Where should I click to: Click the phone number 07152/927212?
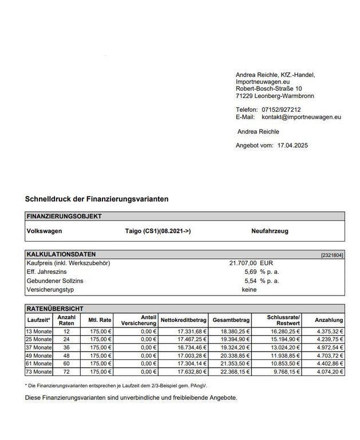pyautogui.click(x=281, y=109)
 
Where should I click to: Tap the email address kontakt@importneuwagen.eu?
pyautogui.click(x=301, y=117)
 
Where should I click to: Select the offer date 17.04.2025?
pyautogui.click(x=292, y=146)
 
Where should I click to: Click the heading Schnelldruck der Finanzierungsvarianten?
pyautogui.click(x=97, y=199)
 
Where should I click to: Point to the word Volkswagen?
pyautogui.click(x=45, y=231)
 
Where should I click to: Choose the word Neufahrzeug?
pyautogui.click(x=270, y=231)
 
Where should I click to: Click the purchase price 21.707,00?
pyautogui.click(x=243, y=262)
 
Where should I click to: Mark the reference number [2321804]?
pyautogui.click(x=332, y=254)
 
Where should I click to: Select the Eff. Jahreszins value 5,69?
pyautogui.click(x=251, y=272)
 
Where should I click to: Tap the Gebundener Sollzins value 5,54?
pyautogui.click(x=251, y=281)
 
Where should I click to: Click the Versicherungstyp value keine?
pyautogui.click(x=250, y=290)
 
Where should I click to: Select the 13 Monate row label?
pyautogui.click(x=38, y=331)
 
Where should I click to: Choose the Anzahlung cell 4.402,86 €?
pyautogui.click(x=329, y=364)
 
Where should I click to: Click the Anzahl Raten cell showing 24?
pyautogui.click(x=66, y=339)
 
